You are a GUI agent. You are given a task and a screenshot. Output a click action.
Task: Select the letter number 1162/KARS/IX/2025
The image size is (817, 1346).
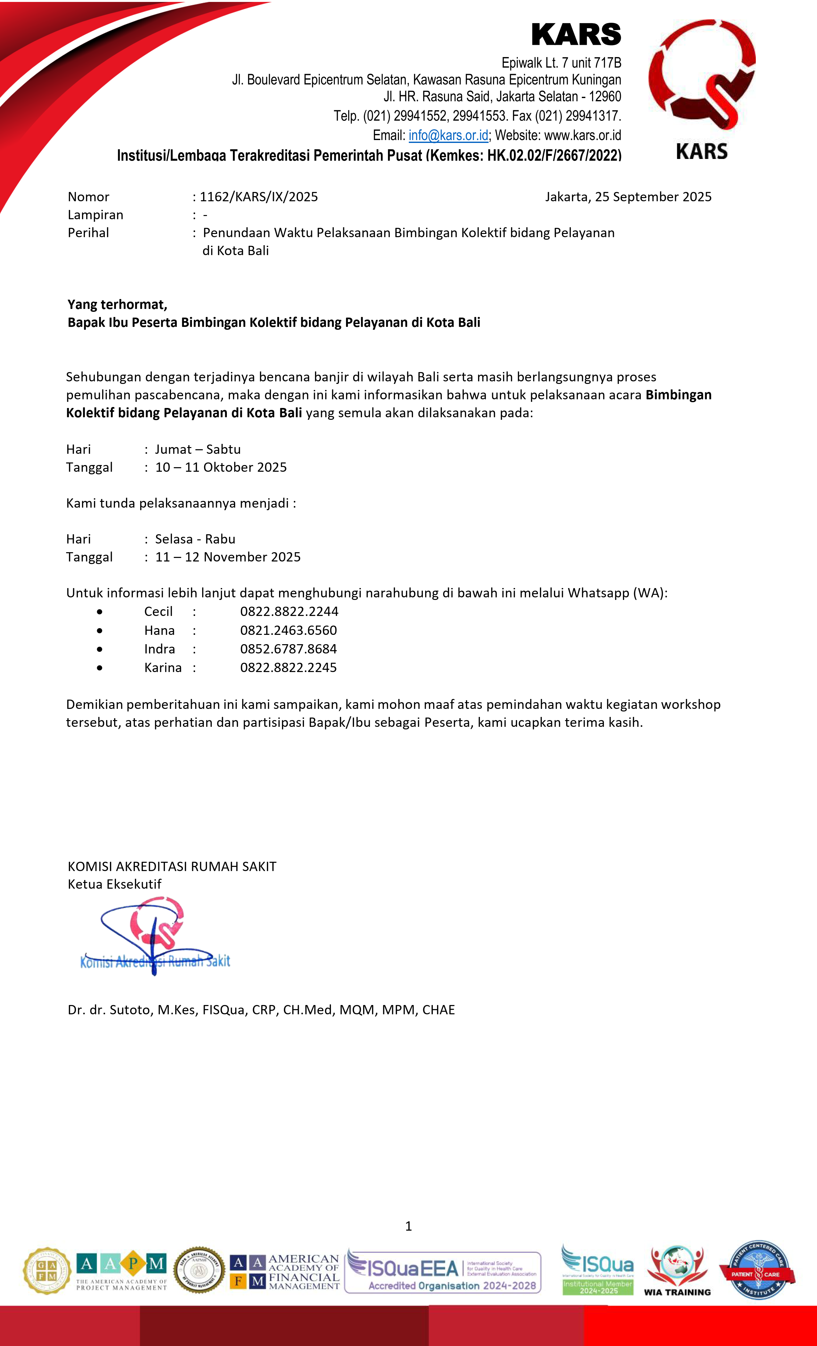click(259, 197)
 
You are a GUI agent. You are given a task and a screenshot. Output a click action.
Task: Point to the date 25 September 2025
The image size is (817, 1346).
click(653, 197)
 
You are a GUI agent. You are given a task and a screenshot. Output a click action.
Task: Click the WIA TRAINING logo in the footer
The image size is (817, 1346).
click(677, 1271)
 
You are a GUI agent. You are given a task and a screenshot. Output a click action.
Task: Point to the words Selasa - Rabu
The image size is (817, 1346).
click(195, 539)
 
